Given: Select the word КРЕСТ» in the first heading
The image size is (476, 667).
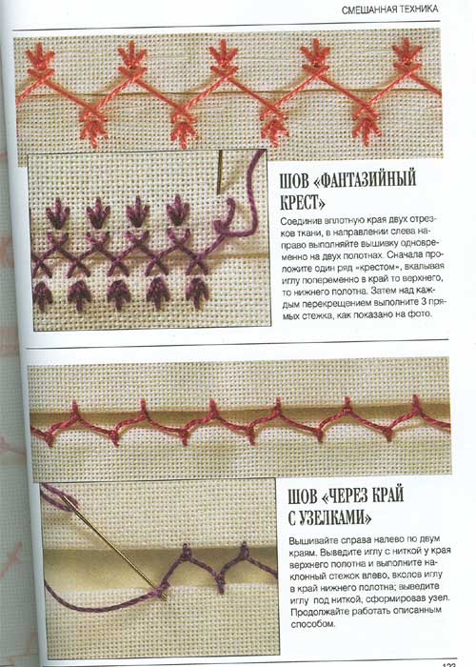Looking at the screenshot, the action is click(302, 202).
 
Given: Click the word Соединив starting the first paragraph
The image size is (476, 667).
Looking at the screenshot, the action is click(302, 222).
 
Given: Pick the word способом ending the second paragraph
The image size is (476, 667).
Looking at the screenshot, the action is click(311, 624).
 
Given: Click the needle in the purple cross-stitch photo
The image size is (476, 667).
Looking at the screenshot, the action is click(220, 172).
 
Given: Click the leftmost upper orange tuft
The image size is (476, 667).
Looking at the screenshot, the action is click(40, 59).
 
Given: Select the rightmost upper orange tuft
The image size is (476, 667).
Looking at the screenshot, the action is click(407, 55).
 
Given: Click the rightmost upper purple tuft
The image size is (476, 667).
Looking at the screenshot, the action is click(178, 211).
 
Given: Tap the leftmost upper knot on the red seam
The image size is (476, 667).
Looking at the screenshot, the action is click(75, 408).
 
